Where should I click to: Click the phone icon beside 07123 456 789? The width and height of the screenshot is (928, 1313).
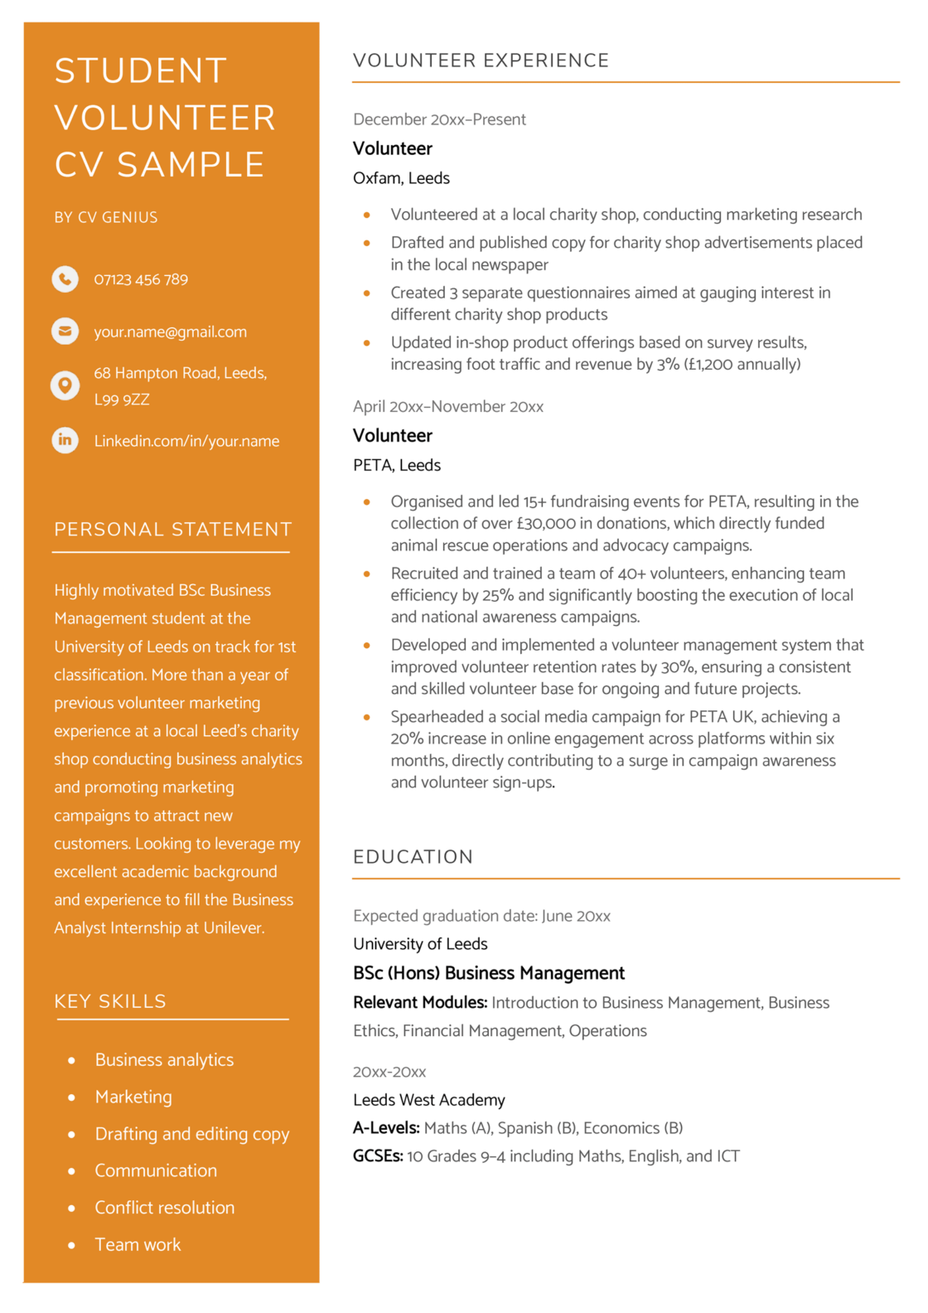coord(65,279)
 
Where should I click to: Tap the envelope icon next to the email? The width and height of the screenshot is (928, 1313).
coord(65,331)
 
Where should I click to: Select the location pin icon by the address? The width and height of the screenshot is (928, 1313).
coord(65,385)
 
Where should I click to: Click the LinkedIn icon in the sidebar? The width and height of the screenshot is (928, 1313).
coord(65,439)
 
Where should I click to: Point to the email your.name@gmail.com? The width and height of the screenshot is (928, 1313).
coord(170,332)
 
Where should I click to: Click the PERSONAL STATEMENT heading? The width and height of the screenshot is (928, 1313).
coord(172,529)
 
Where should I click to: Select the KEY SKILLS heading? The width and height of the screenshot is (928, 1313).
coord(110,1000)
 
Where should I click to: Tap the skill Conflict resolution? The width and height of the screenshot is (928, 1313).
coord(164,1207)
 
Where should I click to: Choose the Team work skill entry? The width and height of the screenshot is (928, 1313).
coord(138,1244)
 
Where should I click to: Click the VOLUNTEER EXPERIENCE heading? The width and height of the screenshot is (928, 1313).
coord(481,61)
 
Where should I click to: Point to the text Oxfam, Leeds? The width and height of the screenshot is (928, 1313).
coord(401,178)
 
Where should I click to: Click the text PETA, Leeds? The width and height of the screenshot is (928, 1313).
coord(396,465)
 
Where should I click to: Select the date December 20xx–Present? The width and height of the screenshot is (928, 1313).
coord(439,119)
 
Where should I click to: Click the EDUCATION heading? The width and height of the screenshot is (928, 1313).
coord(413,856)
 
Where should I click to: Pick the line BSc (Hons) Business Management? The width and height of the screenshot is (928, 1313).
coord(488,972)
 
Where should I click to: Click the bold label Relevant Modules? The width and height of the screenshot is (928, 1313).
coord(419,1002)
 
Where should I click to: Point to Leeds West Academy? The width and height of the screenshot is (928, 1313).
coord(428,1099)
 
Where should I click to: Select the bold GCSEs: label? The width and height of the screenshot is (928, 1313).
coord(378,1156)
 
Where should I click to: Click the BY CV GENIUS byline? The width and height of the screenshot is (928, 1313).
coord(106,217)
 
